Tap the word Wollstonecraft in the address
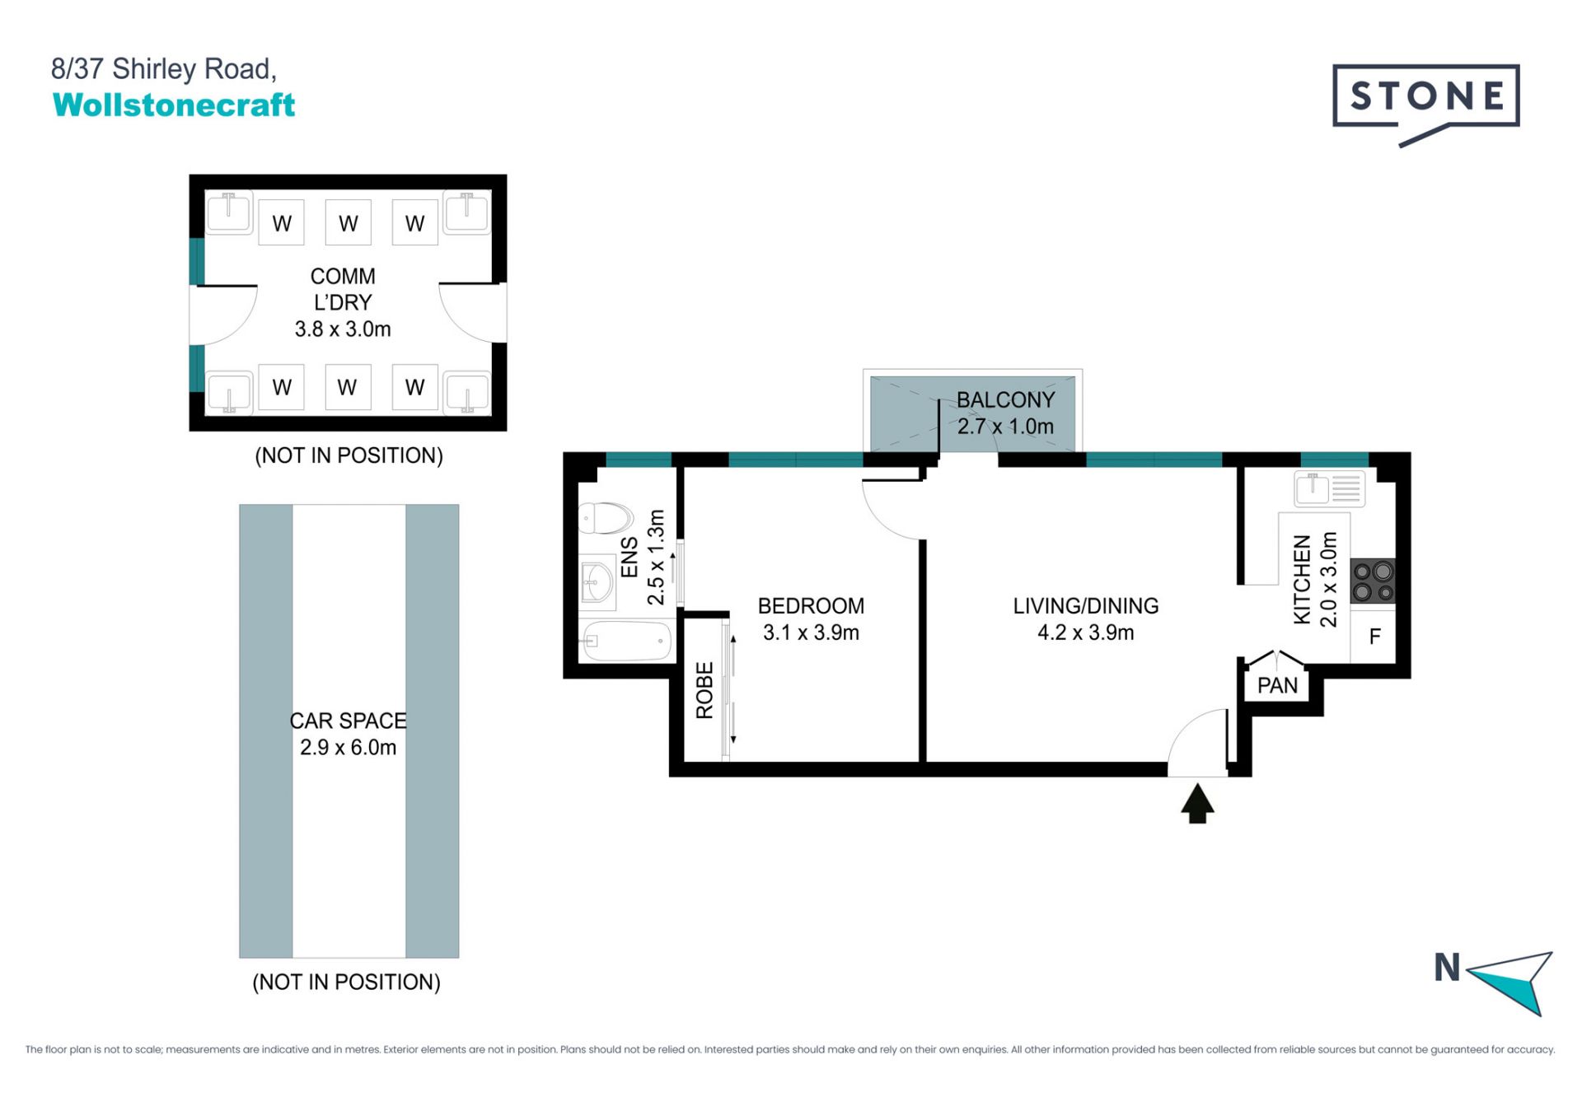pyautogui.click(x=174, y=105)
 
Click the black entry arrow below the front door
pyautogui.click(x=1197, y=803)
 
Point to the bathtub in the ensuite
pyautogui.click(x=627, y=641)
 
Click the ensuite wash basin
pyautogui.click(x=597, y=582)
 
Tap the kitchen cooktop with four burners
pyautogui.click(x=1373, y=581)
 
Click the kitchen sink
pyautogui.click(x=1329, y=488)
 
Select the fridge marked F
pyautogui.click(x=1374, y=636)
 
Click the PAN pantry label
pyautogui.click(x=1277, y=685)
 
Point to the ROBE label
pyautogui.click(x=704, y=690)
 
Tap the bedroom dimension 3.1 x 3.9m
pyautogui.click(x=811, y=632)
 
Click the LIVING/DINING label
pyautogui.click(x=1085, y=606)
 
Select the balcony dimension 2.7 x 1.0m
pyautogui.click(x=1005, y=427)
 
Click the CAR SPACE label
pyautogui.click(x=348, y=721)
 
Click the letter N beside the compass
pyautogui.click(x=1447, y=968)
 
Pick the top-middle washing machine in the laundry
pyautogui.click(x=348, y=222)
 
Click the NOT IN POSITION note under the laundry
pyautogui.click(x=349, y=455)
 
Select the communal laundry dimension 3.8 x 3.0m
pyautogui.click(x=343, y=329)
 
